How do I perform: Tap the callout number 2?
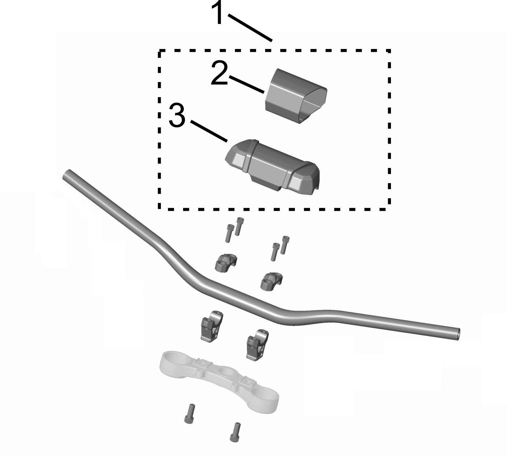tap(219, 73)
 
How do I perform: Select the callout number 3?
tap(177, 115)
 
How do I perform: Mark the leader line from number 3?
tap(209, 131)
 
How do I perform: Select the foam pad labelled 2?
tap(296, 96)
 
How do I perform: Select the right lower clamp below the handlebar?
tap(257, 344)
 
